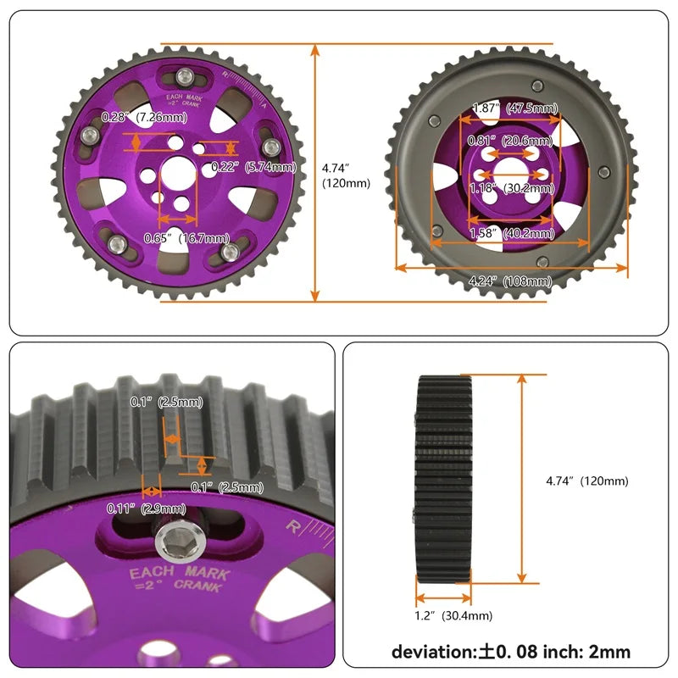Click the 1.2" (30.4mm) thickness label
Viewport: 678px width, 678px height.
point(453,616)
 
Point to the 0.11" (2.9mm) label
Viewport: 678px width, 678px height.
point(146,508)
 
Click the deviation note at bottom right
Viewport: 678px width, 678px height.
point(511,652)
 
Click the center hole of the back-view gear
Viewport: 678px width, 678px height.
point(511,167)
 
